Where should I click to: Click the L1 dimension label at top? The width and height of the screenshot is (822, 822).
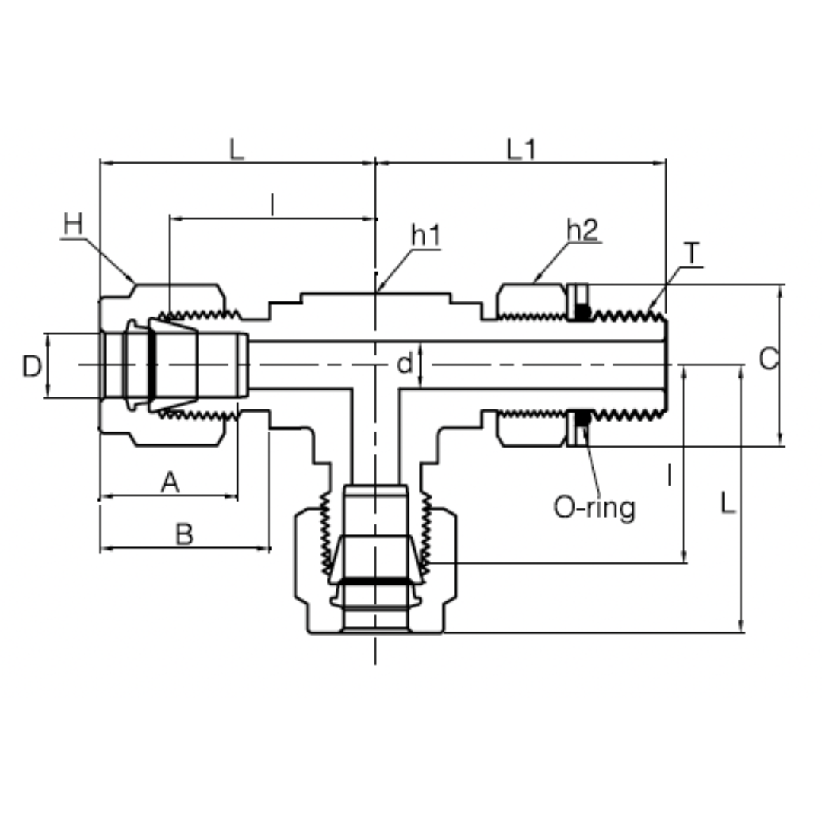[521, 149]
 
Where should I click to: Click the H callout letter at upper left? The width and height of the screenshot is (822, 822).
[72, 225]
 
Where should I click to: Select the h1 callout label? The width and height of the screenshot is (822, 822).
[425, 236]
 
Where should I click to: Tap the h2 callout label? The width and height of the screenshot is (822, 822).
[582, 231]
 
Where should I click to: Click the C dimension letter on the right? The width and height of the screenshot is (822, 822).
[769, 358]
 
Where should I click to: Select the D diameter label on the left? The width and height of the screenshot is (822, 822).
[31, 367]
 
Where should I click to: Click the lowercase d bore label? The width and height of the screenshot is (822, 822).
[405, 365]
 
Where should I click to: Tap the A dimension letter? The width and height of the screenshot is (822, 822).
[170, 482]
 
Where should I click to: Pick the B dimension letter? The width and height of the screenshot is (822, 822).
[183, 534]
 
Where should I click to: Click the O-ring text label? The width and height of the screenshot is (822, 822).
[594, 507]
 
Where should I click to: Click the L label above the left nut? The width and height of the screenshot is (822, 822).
[237, 149]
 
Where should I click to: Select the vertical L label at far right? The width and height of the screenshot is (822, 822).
[728, 503]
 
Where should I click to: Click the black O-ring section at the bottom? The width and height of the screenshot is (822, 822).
[582, 419]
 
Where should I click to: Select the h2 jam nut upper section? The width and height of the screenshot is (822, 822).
[530, 300]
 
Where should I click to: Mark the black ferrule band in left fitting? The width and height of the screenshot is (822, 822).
[151, 365]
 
